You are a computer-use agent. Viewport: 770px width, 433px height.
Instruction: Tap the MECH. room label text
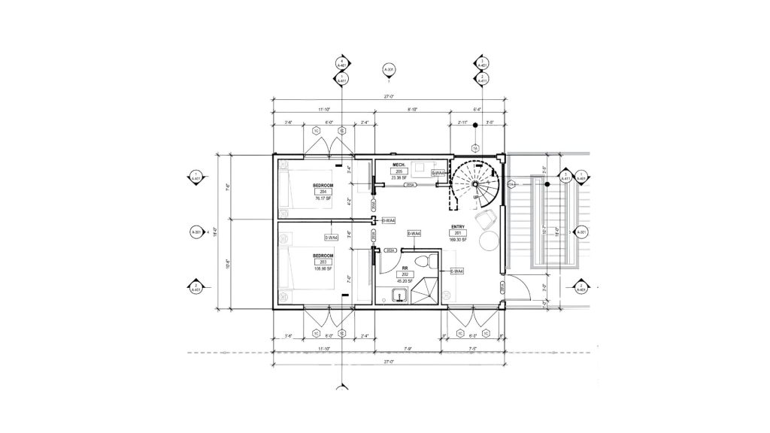[x=399, y=165]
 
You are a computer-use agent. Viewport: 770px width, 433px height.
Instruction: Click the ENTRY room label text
[x=457, y=226]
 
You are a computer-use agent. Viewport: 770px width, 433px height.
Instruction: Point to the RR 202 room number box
[x=405, y=274]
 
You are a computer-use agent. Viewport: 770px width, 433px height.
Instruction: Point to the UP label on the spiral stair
[x=475, y=197]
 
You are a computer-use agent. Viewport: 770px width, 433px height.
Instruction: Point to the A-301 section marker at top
[x=389, y=71]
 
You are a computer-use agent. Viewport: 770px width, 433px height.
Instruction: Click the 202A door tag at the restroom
[x=390, y=250]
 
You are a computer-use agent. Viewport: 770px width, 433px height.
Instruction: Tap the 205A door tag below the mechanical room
[x=411, y=185]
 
